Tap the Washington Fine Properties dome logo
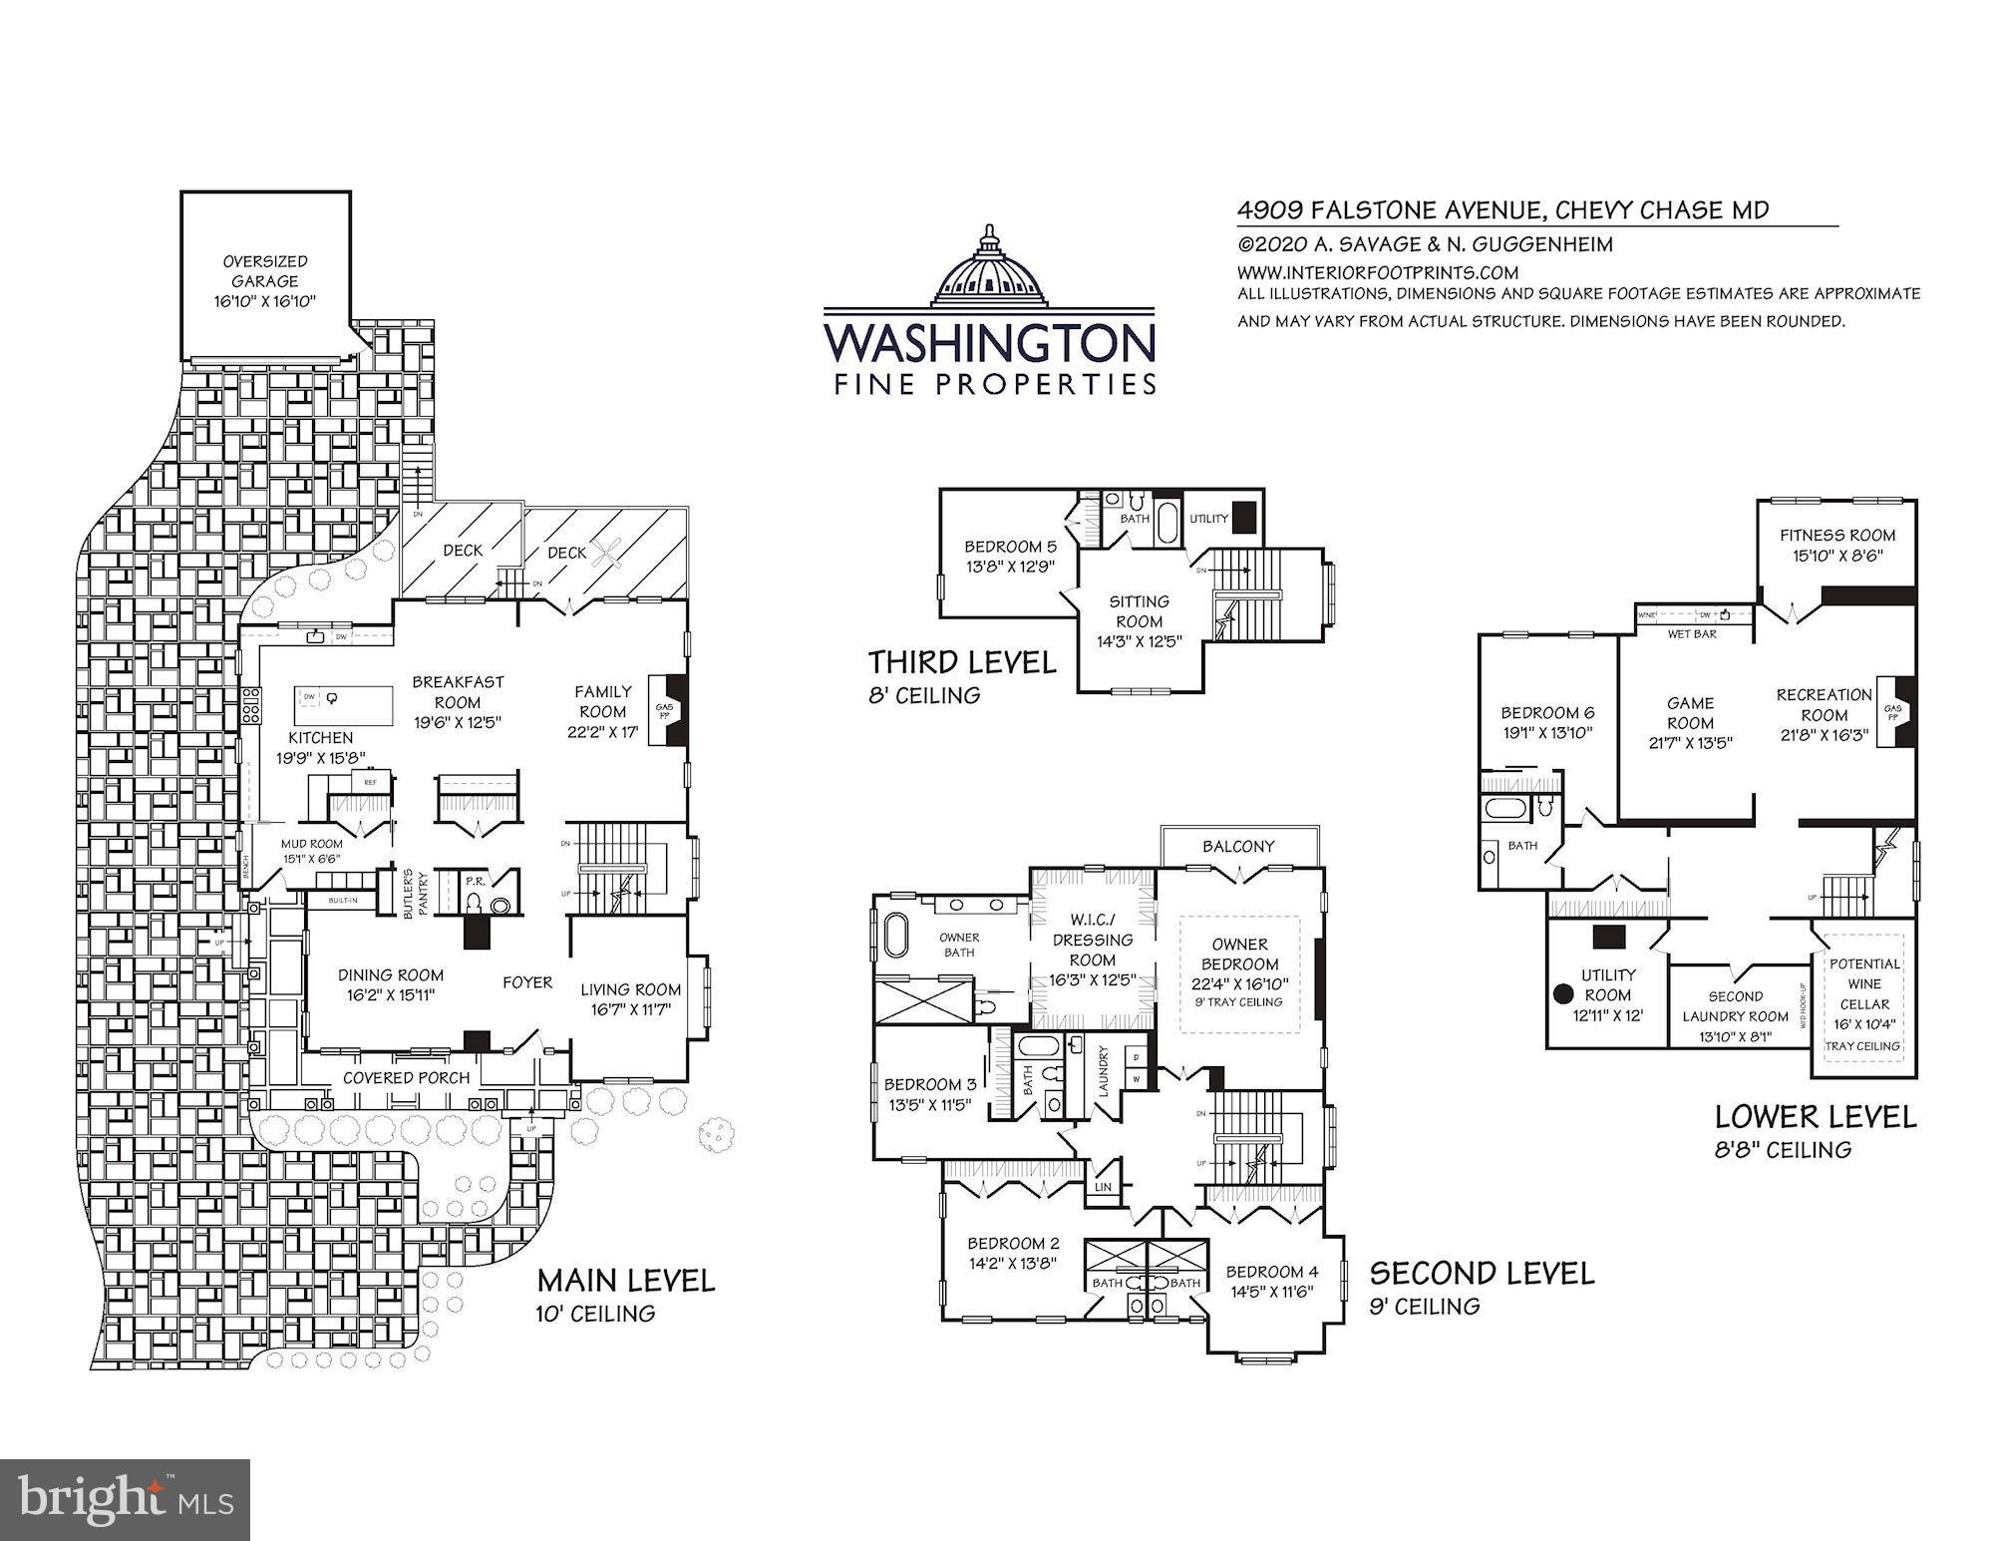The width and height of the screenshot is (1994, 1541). point(989,266)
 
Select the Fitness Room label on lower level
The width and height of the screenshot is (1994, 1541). point(1837,535)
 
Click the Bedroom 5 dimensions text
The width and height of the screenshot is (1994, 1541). point(1009,567)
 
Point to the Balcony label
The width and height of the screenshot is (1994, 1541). point(1238,846)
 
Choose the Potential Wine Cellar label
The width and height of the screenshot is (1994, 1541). point(1864,983)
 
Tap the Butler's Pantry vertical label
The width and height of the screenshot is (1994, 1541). point(423,895)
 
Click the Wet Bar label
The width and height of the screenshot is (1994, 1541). point(1692,634)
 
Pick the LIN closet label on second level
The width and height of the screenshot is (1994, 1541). point(1103,1188)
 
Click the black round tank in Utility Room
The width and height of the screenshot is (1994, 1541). point(1563,993)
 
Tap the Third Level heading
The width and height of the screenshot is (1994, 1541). point(961,662)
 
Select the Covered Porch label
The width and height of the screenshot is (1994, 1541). point(406,1078)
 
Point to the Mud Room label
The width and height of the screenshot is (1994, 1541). point(311,844)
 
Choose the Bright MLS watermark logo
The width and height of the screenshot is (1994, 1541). point(126,1499)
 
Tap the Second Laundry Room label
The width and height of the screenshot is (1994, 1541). point(1735,1015)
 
